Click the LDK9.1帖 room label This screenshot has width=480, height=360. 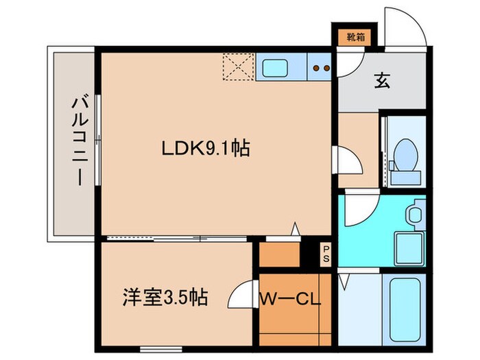point(204,147)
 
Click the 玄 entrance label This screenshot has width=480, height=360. point(381,80)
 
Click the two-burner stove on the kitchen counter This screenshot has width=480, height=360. point(320,68)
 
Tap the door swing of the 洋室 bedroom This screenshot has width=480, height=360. point(241,297)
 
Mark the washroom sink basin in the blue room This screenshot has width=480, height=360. point(414,215)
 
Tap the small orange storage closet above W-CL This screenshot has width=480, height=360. point(280,254)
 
